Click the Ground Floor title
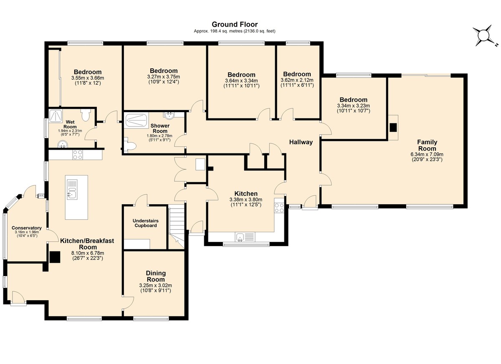(234, 25)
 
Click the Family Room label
(427, 146)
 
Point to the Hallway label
(301, 142)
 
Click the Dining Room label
(155, 276)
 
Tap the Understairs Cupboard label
(145, 223)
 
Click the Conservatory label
(26, 228)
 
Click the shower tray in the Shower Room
(135, 121)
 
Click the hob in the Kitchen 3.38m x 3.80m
(279, 208)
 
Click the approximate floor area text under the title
(234, 31)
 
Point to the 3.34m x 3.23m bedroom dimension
(353, 105)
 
